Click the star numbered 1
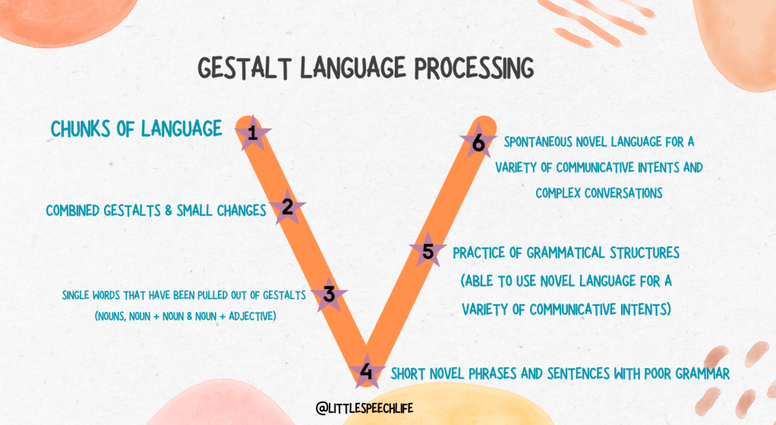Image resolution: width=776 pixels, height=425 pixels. click(253, 133)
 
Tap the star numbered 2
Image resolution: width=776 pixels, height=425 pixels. click(287, 207)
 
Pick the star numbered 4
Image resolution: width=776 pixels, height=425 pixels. click(366, 370)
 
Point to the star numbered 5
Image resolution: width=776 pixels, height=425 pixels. click(428, 251)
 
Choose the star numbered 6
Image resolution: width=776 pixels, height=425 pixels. click(478, 142)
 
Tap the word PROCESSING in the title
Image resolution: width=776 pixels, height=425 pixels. click(474, 68)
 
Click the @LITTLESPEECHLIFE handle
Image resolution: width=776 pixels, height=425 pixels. click(364, 408)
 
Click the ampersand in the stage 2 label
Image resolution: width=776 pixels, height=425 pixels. click(169, 210)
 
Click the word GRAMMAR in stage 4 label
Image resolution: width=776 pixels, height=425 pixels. click(702, 373)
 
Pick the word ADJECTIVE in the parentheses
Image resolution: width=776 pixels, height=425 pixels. click(252, 316)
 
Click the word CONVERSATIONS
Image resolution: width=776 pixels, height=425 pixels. click(623, 193)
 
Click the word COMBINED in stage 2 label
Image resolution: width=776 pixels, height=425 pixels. click(73, 211)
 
